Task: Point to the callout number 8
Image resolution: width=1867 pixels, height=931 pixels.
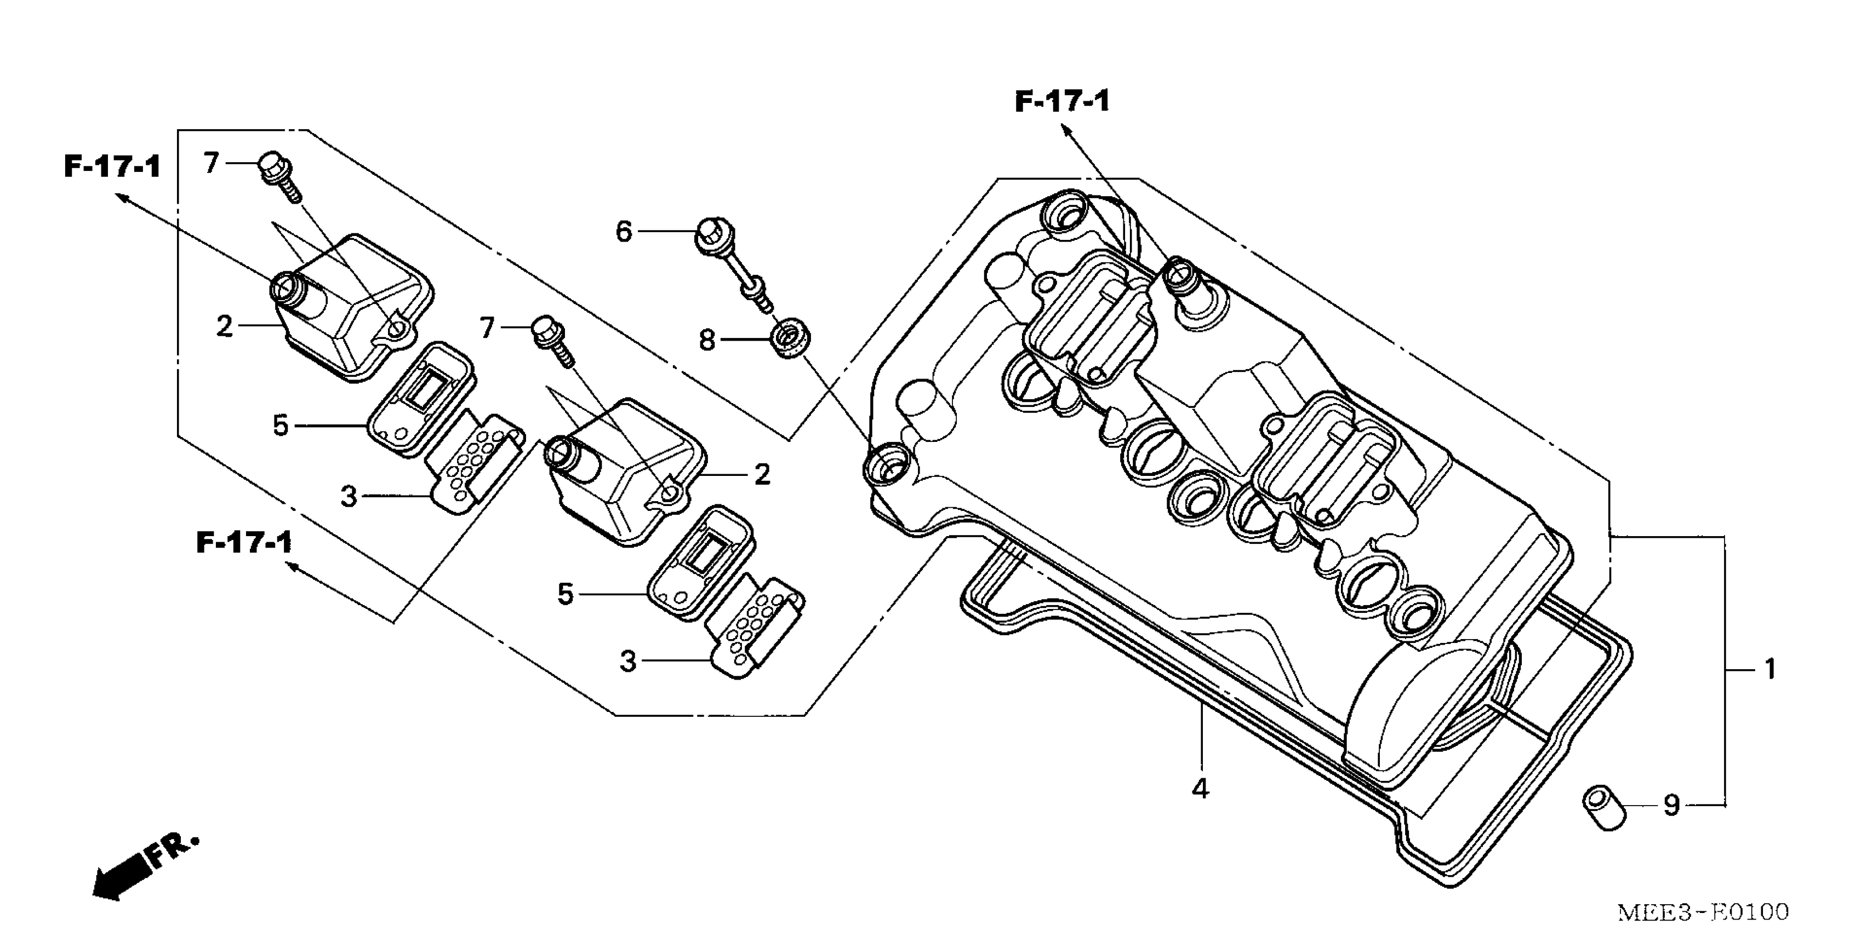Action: click(x=707, y=340)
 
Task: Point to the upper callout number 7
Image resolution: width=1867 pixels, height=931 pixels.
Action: click(x=211, y=163)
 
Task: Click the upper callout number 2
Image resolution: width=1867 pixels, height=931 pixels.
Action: click(x=225, y=327)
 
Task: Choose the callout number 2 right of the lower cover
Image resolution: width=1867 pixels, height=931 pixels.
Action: click(x=762, y=475)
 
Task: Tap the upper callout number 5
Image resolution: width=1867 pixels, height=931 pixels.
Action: click(x=281, y=426)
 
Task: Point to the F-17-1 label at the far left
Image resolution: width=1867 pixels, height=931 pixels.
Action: click(x=112, y=166)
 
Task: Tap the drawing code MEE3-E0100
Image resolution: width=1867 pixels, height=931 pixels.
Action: click(x=1703, y=911)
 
